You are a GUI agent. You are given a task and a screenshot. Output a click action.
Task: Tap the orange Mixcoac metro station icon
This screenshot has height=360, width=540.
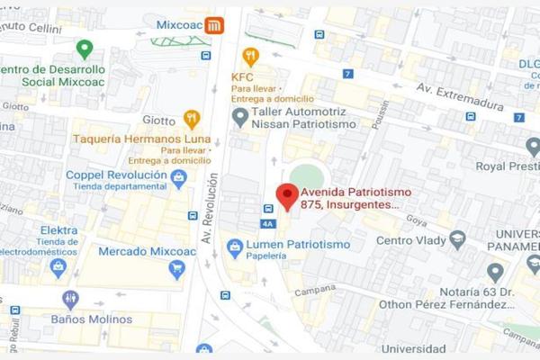click(213, 25)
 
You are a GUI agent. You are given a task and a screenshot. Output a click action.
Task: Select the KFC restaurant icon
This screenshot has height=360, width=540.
click(250, 56)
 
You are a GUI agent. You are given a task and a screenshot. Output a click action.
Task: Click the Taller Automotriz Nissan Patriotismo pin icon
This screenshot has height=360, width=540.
click(239, 117)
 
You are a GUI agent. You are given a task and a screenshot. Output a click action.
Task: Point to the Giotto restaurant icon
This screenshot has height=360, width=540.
click(191, 118)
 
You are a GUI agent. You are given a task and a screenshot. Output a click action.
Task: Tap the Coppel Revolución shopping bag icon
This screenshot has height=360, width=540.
click(179, 177)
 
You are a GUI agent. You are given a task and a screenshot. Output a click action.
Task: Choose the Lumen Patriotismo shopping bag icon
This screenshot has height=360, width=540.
click(235, 246)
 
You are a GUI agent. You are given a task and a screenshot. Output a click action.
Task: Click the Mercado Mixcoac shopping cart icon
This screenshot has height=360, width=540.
click(177, 268)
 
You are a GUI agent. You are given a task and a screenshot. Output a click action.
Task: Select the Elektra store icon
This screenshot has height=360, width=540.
click(58, 266)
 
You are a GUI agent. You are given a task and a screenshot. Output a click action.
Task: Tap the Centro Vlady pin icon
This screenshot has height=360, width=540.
click(457, 239)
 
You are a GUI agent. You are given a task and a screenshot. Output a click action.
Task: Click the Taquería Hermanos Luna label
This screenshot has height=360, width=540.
click(143, 139)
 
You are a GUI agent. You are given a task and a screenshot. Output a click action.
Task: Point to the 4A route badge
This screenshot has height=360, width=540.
click(267, 224)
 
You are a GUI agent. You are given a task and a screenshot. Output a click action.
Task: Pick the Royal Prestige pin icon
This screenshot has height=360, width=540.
click(533, 146)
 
